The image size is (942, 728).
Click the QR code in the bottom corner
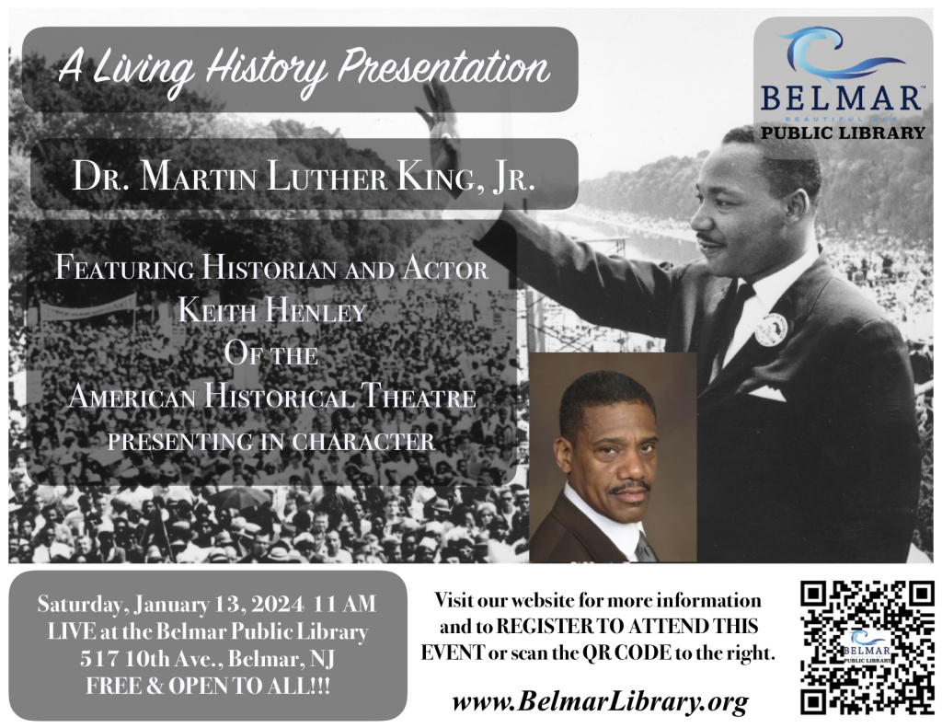867,647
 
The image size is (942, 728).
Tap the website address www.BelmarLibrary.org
600,703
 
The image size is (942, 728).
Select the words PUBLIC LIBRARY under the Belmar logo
843,133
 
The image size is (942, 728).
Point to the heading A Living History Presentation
302,68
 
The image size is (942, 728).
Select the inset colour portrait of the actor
612,457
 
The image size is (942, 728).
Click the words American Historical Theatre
272,399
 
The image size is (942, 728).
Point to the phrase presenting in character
270,442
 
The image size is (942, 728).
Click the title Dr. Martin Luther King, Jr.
303,175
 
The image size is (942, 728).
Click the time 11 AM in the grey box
346,605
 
